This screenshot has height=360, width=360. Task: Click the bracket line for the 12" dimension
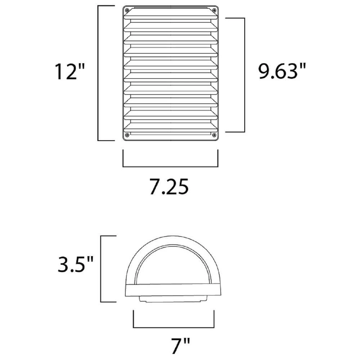99,72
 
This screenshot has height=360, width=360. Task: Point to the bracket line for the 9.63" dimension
244,75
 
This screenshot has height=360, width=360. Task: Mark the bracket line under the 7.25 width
170,167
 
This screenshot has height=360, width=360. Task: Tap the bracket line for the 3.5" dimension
101,268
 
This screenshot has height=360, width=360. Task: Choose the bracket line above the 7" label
174,327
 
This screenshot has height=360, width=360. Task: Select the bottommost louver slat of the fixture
171,127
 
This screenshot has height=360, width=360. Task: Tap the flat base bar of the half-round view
171,291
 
